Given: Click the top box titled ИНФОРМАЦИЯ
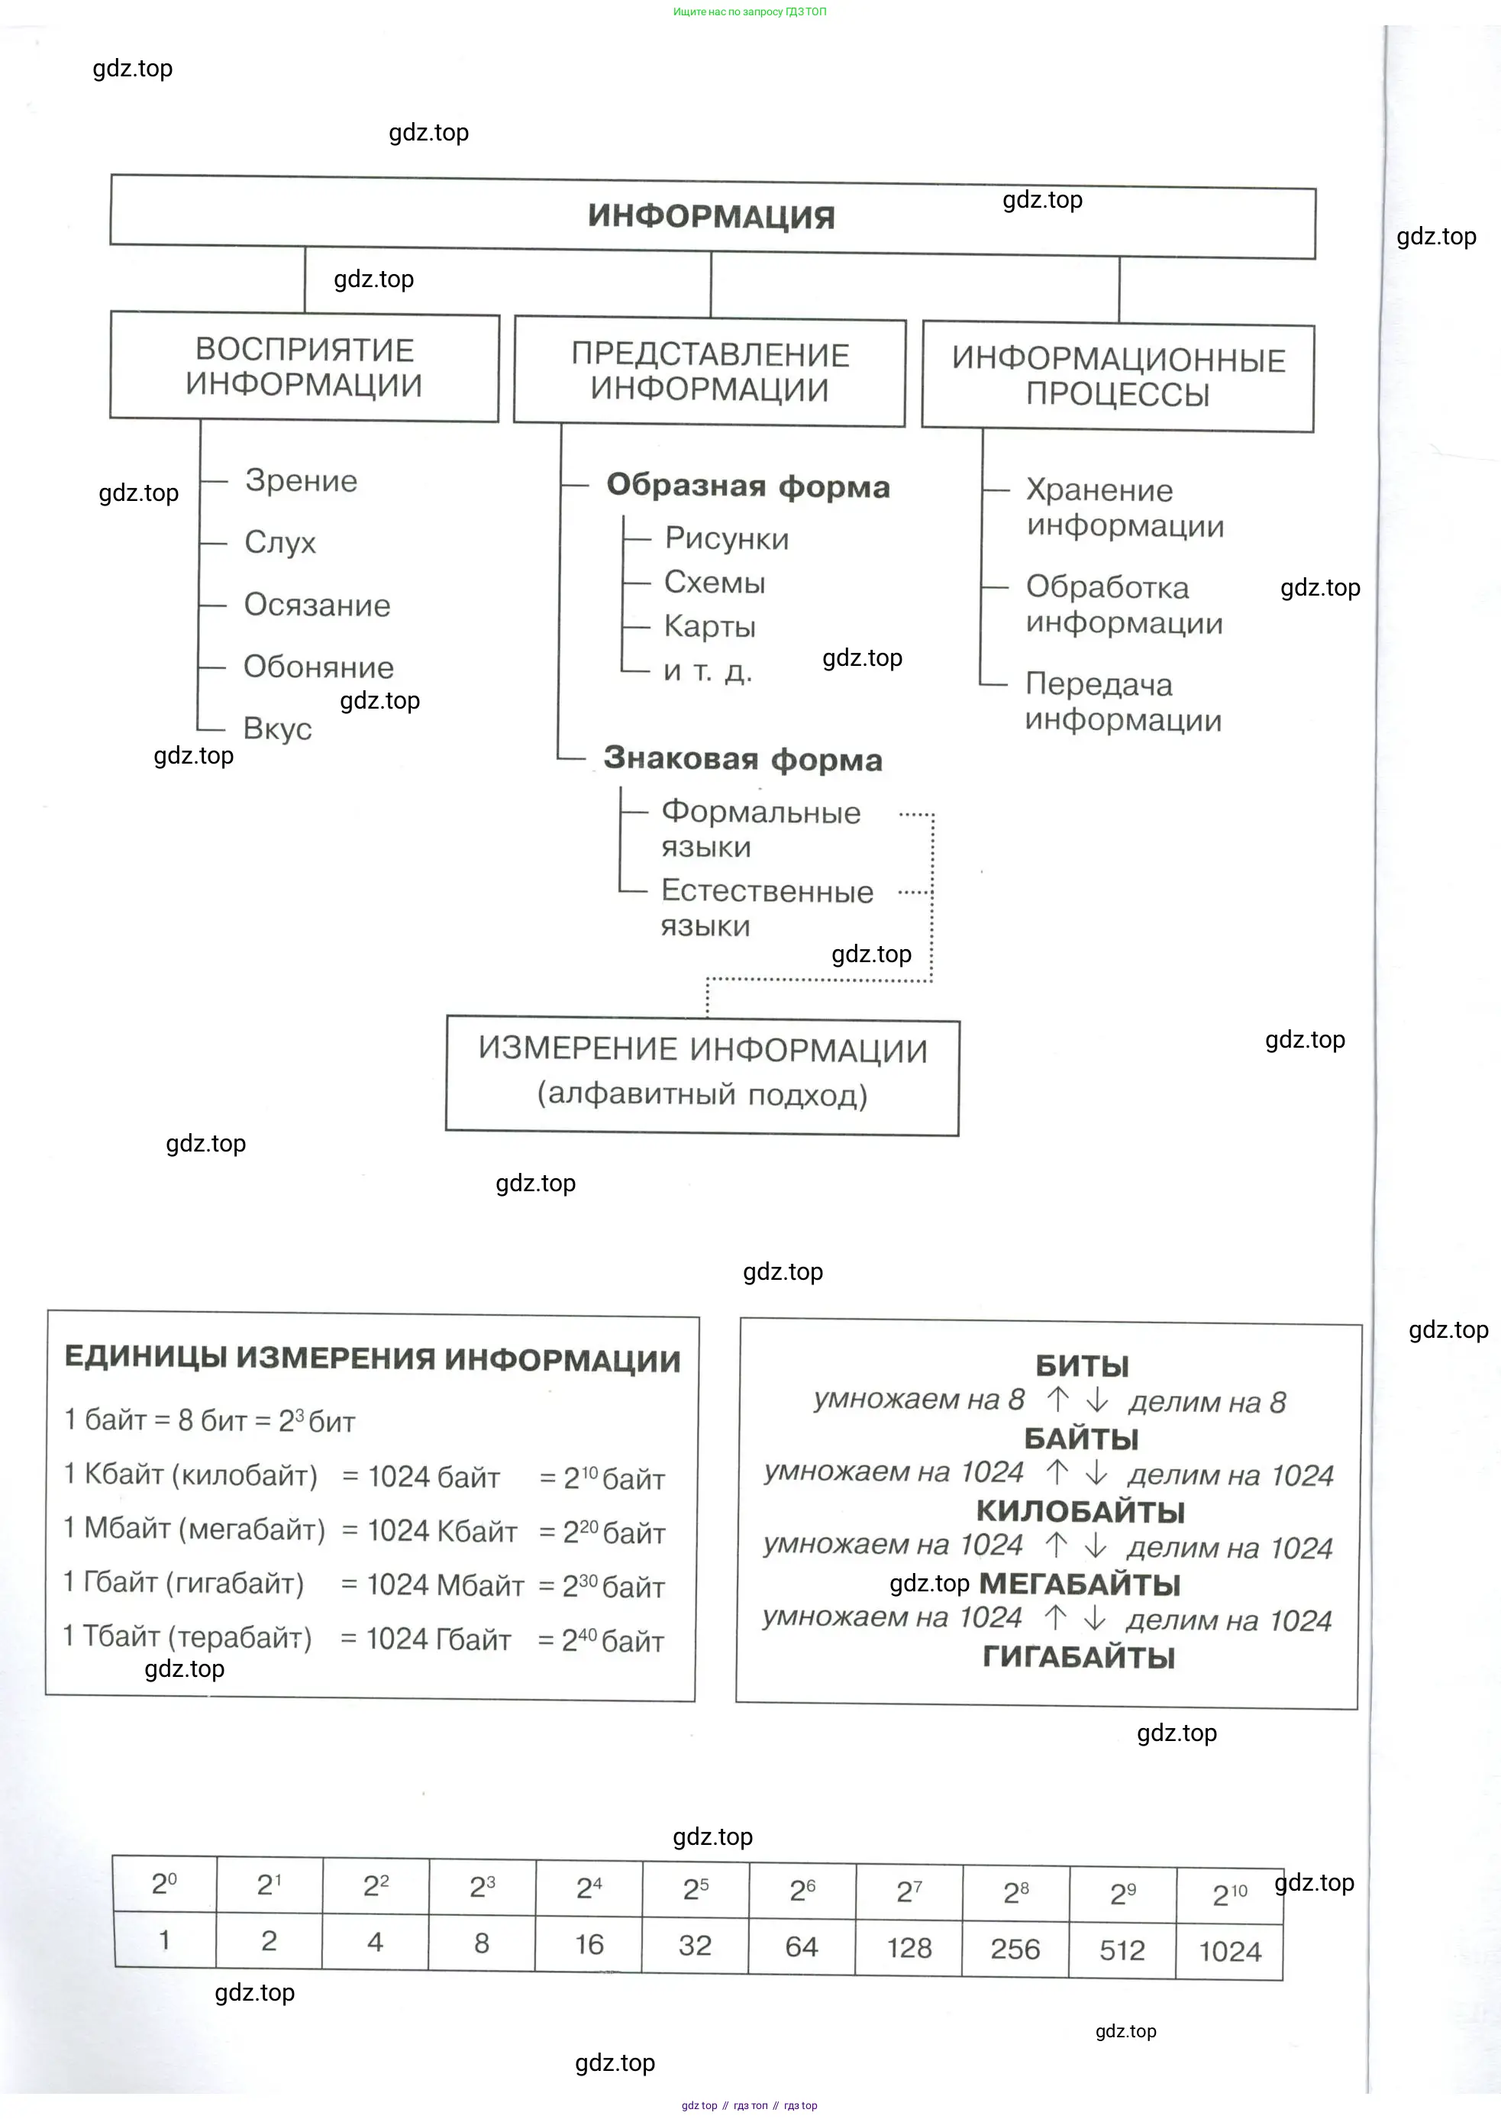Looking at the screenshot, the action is (712, 216).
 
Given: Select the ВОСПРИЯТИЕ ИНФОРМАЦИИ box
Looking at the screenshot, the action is (304, 367).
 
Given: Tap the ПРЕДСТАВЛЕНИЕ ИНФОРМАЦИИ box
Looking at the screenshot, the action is (710, 372).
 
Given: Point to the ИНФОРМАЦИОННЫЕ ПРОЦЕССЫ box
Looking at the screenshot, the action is (1118, 376).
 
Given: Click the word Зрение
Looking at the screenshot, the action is (302, 481).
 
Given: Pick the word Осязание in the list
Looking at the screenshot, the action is (317, 605).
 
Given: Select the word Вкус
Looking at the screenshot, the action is (277, 728).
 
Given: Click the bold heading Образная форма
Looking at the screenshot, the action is (747, 486).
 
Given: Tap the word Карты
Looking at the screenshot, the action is (710, 627).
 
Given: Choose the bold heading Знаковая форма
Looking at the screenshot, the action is (743, 759).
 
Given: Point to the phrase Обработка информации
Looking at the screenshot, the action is (1124, 605).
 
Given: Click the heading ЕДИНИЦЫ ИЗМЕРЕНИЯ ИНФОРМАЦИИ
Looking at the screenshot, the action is (373, 1359).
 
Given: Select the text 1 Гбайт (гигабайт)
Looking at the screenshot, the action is (184, 1583).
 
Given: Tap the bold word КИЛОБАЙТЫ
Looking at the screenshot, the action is (1080, 1512).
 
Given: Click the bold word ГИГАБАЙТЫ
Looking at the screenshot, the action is (1079, 1657).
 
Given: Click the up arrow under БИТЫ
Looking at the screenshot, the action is (1057, 1400).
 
